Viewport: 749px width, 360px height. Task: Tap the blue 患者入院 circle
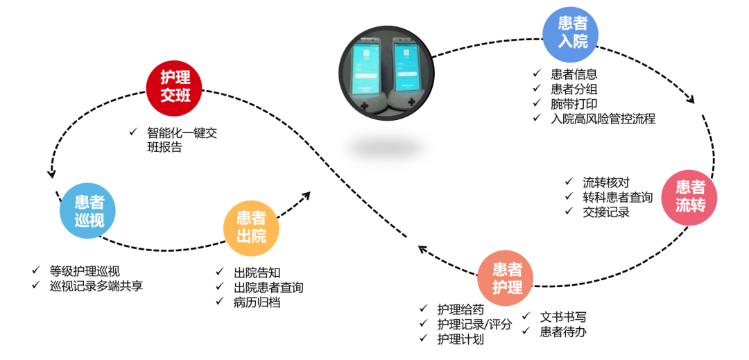point(572,33)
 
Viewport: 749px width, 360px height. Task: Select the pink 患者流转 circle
point(690,196)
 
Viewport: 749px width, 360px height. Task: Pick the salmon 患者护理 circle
point(507,278)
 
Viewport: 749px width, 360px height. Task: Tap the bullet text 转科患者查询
point(618,198)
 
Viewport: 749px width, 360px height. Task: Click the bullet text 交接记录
point(606,212)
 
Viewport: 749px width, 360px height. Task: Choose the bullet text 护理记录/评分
point(474,324)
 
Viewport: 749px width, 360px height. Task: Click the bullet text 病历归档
point(257,302)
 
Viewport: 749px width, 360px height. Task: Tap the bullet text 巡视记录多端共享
point(96,285)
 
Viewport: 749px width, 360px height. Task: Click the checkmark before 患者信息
point(537,74)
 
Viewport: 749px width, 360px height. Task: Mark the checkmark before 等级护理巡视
point(36,271)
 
